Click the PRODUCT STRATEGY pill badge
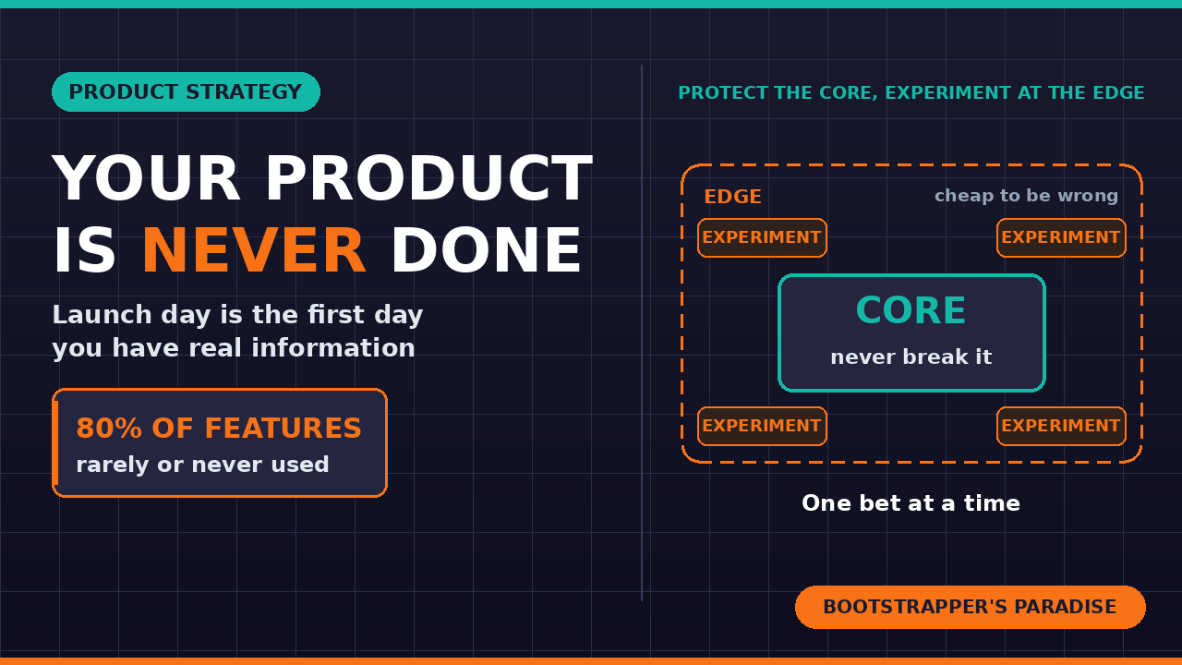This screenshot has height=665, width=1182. pyautogui.click(x=186, y=91)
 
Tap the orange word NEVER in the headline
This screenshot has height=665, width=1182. pyautogui.click(x=254, y=250)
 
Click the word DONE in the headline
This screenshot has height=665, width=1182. pyautogui.click(x=486, y=250)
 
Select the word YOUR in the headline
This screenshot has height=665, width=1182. pyautogui.click(x=146, y=178)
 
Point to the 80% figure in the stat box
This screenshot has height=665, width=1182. pyautogui.click(x=109, y=428)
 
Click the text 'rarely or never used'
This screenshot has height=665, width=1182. pyautogui.click(x=202, y=465)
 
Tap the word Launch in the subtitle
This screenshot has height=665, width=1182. pyautogui.click(x=102, y=315)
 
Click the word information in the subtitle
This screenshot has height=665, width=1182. pyautogui.click(x=333, y=348)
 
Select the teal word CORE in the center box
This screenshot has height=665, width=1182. pyautogui.click(x=911, y=309)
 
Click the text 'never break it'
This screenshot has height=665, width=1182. pyautogui.click(x=911, y=357)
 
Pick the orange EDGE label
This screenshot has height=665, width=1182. pyautogui.click(x=733, y=197)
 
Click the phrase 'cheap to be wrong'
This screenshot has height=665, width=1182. pyautogui.click(x=1026, y=196)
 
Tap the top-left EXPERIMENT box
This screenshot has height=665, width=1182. pyautogui.click(x=762, y=238)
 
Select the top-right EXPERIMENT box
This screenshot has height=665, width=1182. pyautogui.click(x=1061, y=238)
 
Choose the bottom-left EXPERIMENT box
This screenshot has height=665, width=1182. pyautogui.click(x=762, y=427)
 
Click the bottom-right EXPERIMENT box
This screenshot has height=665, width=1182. pyautogui.click(x=1061, y=427)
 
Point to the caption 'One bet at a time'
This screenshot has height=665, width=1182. pyautogui.click(x=911, y=503)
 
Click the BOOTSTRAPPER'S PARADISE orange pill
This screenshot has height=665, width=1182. pyautogui.click(x=971, y=607)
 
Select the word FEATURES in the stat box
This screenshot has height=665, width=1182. pyautogui.click(x=283, y=428)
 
